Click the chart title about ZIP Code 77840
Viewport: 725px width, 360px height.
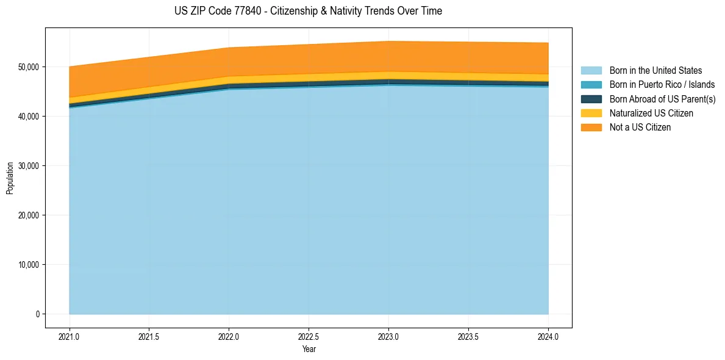pyautogui.click(x=308, y=11)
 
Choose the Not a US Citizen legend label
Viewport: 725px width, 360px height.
pyautogui.click(x=640, y=128)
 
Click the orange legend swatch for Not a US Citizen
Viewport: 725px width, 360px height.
pyautogui.click(x=591, y=128)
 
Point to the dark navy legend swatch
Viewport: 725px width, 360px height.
pyautogui.click(x=591, y=99)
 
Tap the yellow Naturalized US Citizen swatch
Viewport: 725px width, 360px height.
pyautogui.click(x=591, y=113)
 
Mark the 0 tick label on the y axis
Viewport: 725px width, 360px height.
pyautogui.click(x=37, y=314)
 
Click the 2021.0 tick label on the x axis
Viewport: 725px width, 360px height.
pyautogui.click(x=70, y=336)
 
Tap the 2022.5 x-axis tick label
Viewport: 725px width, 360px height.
pyautogui.click(x=309, y=336)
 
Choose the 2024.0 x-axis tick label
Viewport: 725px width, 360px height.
pyautogui.click(x=548, y=336)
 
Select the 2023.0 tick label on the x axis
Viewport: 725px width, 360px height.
pyautogui.click(x=388, y=336)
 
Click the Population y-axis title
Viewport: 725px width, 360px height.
pyautogui.click(x=10, y=178)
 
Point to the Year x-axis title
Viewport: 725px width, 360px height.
pyautogui.click(x=309, y=350)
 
